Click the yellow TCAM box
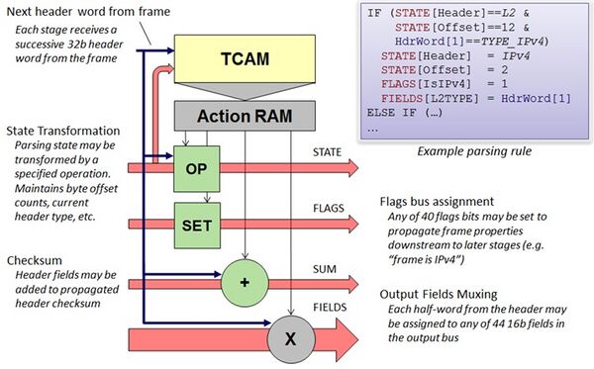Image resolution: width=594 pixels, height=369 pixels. pos(245,58)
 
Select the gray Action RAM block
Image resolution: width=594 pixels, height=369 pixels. pos(245,116)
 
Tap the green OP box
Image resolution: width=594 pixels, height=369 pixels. pos(197,169)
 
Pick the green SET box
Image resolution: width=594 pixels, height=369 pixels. pos(197,226)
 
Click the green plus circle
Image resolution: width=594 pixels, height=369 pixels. pos(245,282)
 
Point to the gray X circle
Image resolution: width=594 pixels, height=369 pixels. pos(291,338)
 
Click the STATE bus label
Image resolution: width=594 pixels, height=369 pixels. pos(328,152)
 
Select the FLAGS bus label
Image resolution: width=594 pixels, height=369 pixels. pos(329,208)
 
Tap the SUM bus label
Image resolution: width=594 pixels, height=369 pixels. pos(325,269)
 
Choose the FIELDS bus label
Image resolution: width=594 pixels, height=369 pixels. pos(330,308)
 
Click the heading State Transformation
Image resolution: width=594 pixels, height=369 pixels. pos(63,131)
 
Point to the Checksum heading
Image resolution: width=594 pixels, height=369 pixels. pos(35,260)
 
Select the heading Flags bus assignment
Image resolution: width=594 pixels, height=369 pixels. pos(437,202)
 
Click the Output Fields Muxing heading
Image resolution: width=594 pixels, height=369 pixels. pos(439,295)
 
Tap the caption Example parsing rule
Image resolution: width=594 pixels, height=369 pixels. pos(474,151)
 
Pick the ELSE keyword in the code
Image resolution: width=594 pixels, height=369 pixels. pos(381,113)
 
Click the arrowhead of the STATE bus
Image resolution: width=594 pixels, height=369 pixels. pos(353,168)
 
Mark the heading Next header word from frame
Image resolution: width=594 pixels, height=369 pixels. pos(88,12)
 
